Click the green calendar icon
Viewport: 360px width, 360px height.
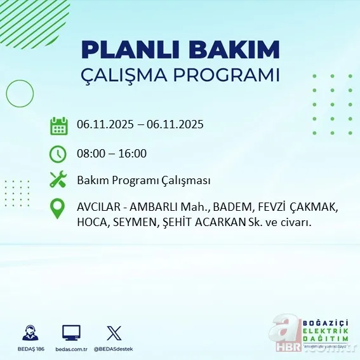point(58,126)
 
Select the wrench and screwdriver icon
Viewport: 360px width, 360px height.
point(58,180)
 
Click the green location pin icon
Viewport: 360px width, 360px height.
point(58,210)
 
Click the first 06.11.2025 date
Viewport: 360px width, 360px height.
point(105,124)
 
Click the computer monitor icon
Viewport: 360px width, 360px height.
point(71,332)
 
